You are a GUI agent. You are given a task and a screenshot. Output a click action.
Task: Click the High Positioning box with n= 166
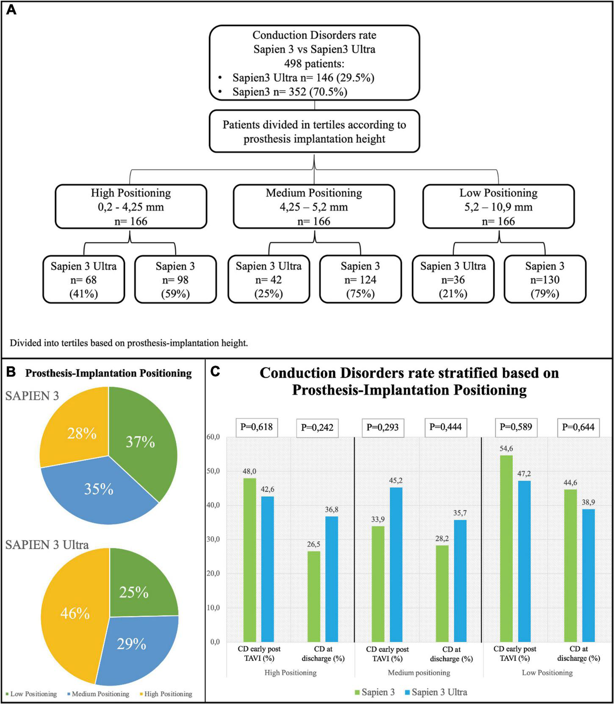131,207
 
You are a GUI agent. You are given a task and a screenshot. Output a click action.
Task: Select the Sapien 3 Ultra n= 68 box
84,279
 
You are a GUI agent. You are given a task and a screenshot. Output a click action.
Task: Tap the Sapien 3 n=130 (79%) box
545,279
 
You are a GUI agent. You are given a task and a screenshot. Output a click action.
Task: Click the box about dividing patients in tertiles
314,131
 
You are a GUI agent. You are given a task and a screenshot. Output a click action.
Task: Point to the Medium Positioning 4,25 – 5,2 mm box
314,207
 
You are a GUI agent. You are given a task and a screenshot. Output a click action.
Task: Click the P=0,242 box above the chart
317,428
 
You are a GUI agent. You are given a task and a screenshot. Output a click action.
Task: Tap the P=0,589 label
516,427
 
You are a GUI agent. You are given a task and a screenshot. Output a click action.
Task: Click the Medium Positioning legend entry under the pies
98,694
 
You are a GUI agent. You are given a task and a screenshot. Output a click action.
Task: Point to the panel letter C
216,371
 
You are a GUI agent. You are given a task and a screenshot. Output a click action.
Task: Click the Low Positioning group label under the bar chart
547,673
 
